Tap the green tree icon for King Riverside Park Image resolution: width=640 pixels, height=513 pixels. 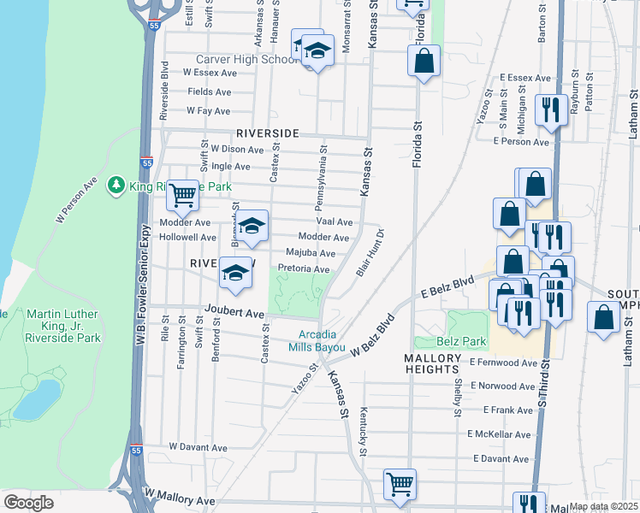coord(116,185)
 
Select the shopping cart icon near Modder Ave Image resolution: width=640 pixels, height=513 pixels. coord(182,196)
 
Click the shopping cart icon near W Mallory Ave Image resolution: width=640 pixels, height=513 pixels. coord(400,484)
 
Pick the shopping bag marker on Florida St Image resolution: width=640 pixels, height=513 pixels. coord(424,61)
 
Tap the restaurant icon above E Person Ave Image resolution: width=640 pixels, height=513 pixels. coord(548,109)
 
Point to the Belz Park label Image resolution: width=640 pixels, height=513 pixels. coord(463,341)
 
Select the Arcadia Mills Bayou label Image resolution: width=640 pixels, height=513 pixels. coord(321,341)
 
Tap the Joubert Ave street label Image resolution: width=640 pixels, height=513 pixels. coord(234,314)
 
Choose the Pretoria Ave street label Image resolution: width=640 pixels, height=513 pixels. coord(304,268)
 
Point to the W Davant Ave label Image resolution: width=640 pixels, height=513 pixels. coord(198,447)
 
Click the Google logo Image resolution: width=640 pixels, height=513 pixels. coord(28,503)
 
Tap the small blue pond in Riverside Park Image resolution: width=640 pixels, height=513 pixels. coord(38,398)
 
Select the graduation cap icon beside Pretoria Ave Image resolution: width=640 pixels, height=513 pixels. coord(235,273)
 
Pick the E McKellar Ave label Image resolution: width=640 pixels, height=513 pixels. coord(500,434)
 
